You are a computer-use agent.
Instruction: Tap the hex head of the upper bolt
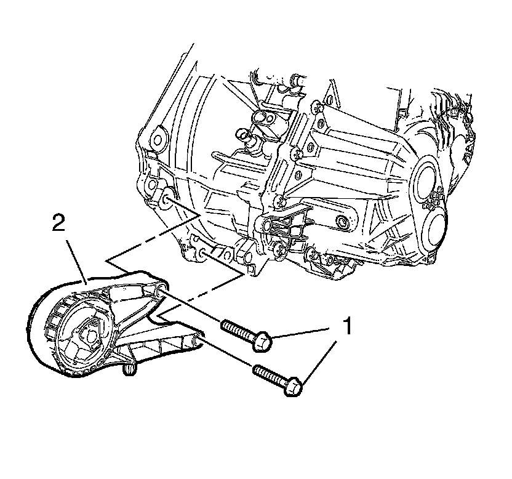click(264, 339)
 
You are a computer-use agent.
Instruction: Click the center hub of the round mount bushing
click(87, 335)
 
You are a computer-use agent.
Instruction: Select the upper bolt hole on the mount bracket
click(159, 290)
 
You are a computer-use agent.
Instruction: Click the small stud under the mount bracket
click(129, 369)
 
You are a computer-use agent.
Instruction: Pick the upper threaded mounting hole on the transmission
click(166, 198)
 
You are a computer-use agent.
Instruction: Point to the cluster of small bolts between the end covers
click(437, 200)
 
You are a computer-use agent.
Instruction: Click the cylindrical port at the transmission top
click(298, 81)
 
